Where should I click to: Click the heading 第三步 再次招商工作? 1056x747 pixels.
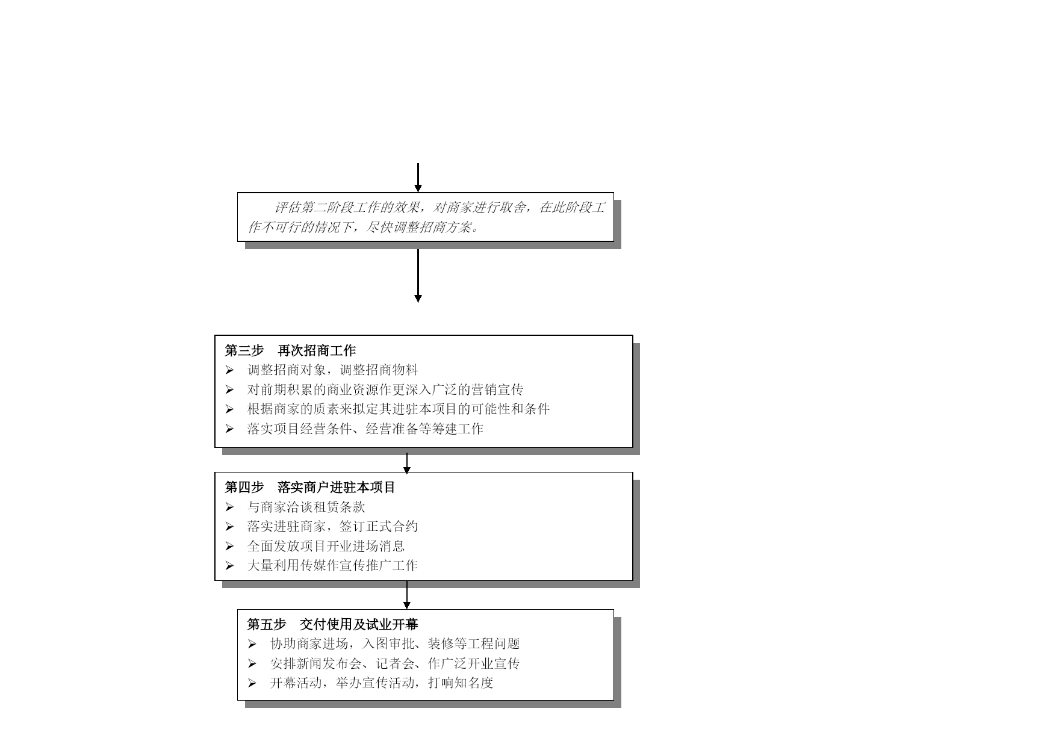coord(290,350)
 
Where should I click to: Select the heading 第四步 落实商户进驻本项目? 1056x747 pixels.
coord(310,488)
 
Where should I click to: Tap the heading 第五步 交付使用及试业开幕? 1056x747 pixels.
coord(332,624)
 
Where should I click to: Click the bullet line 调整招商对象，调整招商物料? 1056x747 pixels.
coord(332,370)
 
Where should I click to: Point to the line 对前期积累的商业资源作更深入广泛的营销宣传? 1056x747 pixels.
coord(385,390)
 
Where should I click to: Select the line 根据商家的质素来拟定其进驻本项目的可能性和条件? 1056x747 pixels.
coord(399,409)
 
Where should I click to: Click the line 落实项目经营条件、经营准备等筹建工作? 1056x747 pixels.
coord(365,429)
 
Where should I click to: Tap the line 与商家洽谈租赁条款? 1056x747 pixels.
coord(306,507)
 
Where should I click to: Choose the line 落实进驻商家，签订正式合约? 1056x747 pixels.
coord(332,527)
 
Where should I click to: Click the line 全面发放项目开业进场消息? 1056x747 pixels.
coord(326,547)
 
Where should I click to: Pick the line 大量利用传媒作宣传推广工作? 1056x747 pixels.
coord(332,566)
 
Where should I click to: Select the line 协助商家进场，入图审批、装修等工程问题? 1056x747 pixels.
coord(395,644)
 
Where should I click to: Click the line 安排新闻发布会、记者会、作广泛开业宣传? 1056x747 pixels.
coord(395,664)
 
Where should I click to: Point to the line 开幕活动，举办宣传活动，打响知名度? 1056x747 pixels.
coord(382,683)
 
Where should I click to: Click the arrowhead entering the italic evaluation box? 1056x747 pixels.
coord(418,188)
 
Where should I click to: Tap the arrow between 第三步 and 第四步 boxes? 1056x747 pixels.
coord(407,462)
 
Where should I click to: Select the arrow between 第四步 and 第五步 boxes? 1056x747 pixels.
coord(407,595)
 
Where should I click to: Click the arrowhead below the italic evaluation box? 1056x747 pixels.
coord(418,299)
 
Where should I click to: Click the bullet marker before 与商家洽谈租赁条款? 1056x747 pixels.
coord(229,507)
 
